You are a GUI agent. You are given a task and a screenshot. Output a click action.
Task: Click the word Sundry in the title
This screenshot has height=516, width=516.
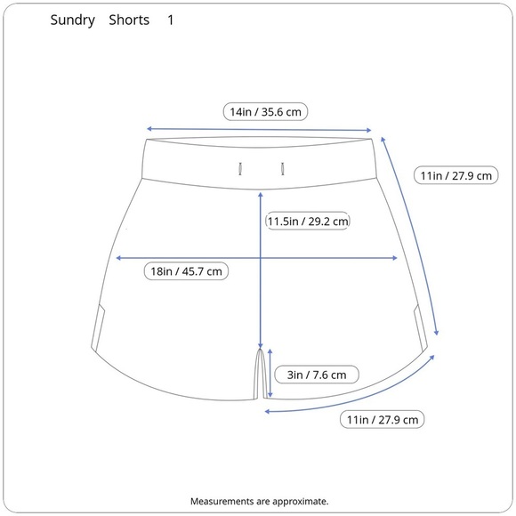(x=72, y=20)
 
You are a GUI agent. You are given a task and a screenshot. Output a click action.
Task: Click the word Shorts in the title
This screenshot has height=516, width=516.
(x=129, y=20)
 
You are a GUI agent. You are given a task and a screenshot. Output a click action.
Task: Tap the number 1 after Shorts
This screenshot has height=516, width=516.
(x=171, y=20)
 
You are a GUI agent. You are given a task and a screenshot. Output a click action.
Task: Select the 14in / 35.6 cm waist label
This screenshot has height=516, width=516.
(x=265, y=112)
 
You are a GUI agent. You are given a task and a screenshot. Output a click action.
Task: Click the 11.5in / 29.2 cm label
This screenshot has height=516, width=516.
(x=307, y=221)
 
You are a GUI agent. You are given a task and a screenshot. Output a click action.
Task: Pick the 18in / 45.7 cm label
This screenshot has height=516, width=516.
(x=186, y=271)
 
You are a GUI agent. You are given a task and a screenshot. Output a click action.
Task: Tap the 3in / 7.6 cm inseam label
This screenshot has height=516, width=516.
(x=317, y=375)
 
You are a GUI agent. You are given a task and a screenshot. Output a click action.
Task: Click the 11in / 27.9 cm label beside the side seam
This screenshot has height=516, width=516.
(x=456, y=175)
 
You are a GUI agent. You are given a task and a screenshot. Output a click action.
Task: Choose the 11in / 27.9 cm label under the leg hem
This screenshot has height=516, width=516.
(x=382, y=420)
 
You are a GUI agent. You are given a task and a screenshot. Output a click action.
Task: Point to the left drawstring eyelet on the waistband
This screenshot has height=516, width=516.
(x=240, y=169)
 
